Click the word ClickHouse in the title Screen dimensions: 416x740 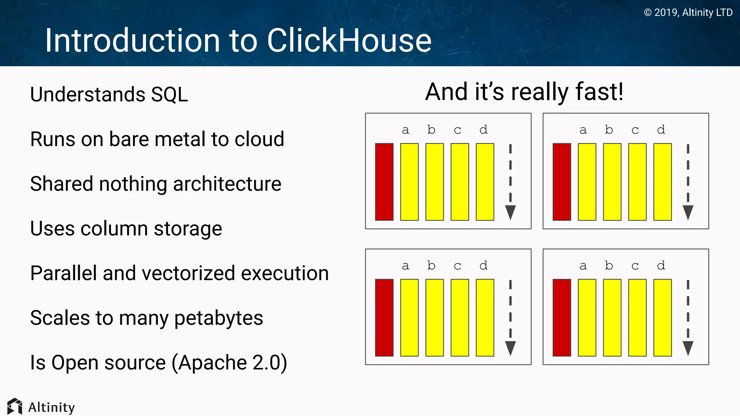pos(349,40)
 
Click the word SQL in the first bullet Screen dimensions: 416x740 pos(169,95)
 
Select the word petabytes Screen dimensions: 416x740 pos(219,318)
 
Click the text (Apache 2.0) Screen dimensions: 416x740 pos(229,363)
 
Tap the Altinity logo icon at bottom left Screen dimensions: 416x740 pos(14,407)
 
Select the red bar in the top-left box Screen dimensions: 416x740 pos(384,182)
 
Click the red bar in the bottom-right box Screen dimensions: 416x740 pos(562,317)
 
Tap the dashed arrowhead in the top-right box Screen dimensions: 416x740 pos(688,212)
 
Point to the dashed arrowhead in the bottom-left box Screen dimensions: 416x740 pos(510,348)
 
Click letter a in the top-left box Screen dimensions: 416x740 pos(405,130)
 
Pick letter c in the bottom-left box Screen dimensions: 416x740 pos(457,266)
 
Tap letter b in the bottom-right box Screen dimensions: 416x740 pos(609,265)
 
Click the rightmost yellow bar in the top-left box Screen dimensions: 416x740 pos(485,182)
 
